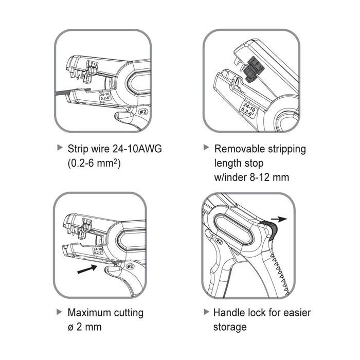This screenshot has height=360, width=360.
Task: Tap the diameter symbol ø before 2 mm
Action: point(71,327)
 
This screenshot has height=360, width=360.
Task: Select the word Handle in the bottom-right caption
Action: point(230,312)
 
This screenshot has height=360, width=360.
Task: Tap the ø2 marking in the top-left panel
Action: point(130,110)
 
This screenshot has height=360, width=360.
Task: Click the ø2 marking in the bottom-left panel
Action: point(130,266)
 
